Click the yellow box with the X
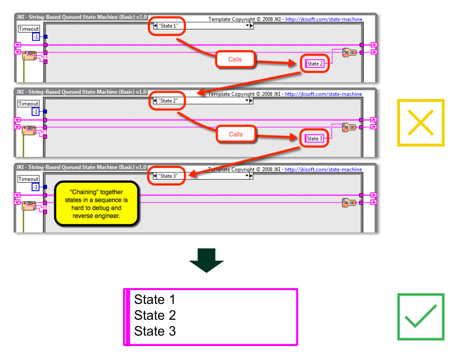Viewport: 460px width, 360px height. [421, 123]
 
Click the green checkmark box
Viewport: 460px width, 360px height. [421, 316]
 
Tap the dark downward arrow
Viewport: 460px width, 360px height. [207, 260]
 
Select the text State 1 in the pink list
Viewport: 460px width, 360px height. [155, 300]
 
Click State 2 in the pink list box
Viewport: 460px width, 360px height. [155, 315]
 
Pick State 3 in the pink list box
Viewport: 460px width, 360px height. [155, 331]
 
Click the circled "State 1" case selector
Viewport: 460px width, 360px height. [167, 26]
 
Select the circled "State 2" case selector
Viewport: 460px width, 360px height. [167, 101]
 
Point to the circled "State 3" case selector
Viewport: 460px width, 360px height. [167, 176]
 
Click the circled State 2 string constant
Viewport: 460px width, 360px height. [315, 64]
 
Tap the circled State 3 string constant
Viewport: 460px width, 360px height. [315, 138]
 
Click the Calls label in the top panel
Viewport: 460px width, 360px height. [235, 59]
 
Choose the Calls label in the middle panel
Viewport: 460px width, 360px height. [235, 134]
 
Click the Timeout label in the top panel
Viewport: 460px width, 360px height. [28, 28]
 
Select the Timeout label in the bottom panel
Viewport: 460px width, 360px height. [28, 179]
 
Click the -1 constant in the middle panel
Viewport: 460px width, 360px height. [35, 112]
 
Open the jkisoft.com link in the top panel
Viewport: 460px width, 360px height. [324, 19]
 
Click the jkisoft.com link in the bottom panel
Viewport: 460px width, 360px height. [324, 170]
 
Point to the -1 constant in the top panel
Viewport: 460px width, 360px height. [35, 37]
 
